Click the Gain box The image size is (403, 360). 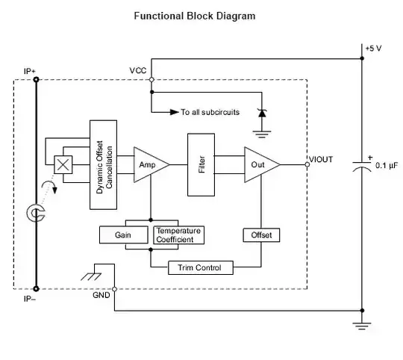pos(124,235)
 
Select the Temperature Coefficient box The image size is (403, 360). pos(178,235)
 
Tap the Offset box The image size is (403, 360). pos(260,235)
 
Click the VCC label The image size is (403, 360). pos(137,70)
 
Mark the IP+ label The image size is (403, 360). pos(31,71)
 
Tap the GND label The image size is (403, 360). pos(102,296)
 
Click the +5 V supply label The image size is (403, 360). pos(374,49)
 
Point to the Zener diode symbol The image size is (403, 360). pos(260,114)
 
